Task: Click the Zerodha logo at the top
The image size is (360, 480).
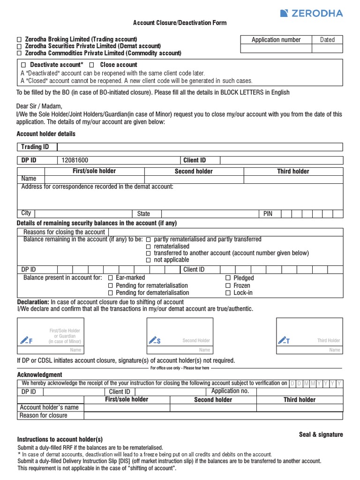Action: pyautogui.click(x=311, y=13)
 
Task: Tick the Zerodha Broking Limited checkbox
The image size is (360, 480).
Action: pyautogui.click(x=19, y=39)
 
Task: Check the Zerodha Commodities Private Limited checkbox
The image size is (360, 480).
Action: pyautogui.click(x=19, y=53)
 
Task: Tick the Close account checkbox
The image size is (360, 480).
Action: pyautogui.click(x=92, y=65)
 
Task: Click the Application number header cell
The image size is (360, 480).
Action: pyautogui.click(x=276, y=40)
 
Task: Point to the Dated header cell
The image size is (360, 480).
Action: pyautogui.click(x=327, y=40)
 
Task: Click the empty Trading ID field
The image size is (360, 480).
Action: pyautogui.click(x=199, y=147)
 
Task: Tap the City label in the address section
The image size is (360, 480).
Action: pyautogui.click(x=26, y=213)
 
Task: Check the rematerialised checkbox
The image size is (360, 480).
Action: pyautogui.click(x=149, y=247)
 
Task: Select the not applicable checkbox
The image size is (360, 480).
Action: pyautogui.click(x=149, y=260)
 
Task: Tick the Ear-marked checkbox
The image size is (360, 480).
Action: pyautogui.click(x=111, y=278)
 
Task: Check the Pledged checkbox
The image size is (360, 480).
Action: pyautogui.click(x=228, y=278)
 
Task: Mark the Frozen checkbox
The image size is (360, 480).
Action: pyautogui.click(x=228, y=285)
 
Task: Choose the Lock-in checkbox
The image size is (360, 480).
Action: pyautogui.click(x=228, y=293)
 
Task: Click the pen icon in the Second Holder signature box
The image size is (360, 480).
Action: pyautogui.click(x=154, y=340)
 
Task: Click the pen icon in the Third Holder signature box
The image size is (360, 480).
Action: pyautogui.click(x=284, y=340)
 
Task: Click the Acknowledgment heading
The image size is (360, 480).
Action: pyautogui.click(x=39, y=375)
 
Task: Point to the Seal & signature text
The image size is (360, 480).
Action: pyautogui.click(x=321, y=435)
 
